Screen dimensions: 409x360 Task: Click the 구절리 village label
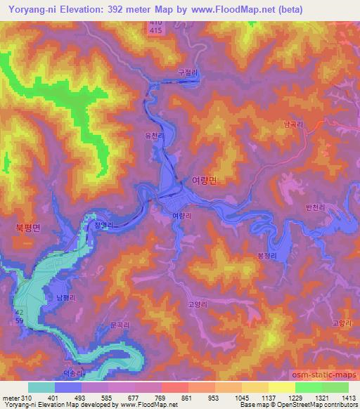click(187, 72)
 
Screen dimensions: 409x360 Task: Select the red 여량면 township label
click(205, 180)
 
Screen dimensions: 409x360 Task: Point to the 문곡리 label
click(121, 326)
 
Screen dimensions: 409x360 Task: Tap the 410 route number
click(155, 24)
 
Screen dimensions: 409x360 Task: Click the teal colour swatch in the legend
click(41, 387)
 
